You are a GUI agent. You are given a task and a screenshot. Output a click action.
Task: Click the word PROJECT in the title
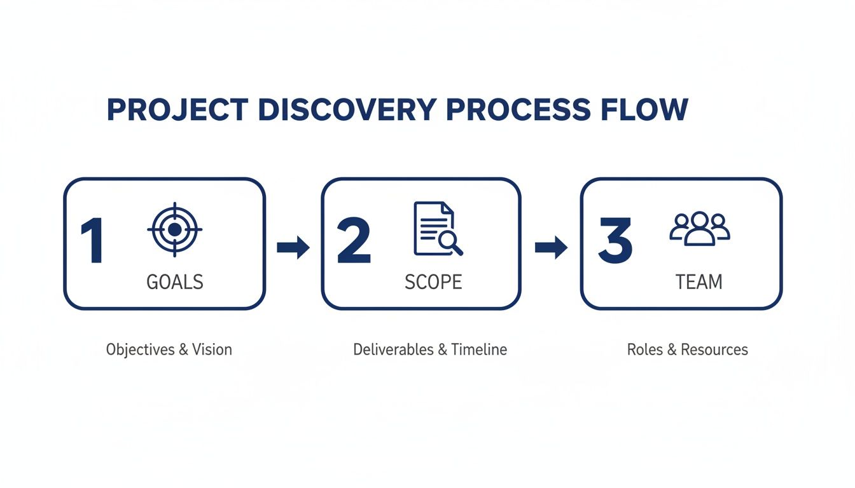(177, 110)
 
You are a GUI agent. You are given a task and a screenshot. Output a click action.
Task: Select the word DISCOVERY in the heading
(346, 110)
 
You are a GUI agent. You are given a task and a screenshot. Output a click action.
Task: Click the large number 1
(93, 242)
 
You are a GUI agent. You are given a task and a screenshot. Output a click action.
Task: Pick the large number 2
(354, 242)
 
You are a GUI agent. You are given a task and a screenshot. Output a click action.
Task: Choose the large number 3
(615, 242)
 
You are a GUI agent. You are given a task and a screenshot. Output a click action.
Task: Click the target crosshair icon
(175, 229)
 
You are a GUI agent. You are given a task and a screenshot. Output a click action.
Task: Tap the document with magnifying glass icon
(437, 229)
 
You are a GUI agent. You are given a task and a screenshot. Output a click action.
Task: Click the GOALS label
(175, 281)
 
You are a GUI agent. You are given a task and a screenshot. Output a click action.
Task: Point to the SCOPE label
(433, 281)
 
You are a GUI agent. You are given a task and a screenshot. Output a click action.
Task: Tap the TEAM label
(699, 281)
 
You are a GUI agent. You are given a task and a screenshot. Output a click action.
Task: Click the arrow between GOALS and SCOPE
(293, 247)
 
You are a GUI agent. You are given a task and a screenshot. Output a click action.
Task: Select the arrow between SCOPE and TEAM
(551, 247)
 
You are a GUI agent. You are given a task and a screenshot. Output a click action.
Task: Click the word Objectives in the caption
(140, 349)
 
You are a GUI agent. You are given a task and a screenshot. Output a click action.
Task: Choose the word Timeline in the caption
(479, 349)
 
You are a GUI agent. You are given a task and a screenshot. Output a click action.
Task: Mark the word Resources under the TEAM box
(714, 349)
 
